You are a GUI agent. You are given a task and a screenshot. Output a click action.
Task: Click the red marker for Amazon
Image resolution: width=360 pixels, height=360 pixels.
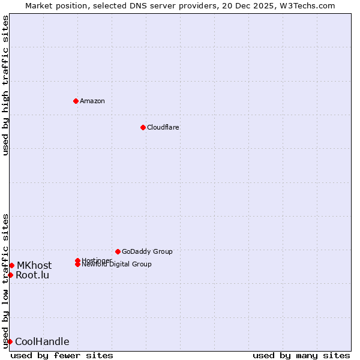pyautogui.click(x=76, y=101)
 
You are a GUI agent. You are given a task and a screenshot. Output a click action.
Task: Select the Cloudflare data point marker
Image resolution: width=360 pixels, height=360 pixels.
pyautogui.click(x=143, y=127)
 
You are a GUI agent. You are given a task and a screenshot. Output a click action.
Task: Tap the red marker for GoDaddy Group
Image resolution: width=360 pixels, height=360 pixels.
pyautogui.click(x=118, y=251)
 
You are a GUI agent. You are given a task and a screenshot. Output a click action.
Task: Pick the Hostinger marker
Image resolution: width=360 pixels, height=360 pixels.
pyautogui.click(x=77, y=260)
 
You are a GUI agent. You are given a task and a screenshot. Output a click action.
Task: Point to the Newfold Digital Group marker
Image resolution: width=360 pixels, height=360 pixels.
pyautogui.click(x=77, y=264)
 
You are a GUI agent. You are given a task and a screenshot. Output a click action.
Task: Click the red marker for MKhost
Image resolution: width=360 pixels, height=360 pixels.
pyautogui.click(x=11, y=265)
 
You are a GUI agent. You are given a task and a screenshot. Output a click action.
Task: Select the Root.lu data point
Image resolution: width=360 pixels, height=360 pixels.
pyautogui.click(x=10, y=275)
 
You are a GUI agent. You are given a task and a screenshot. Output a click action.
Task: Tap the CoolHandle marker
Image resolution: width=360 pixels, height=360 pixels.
pyautogui.click(x=10, y=341)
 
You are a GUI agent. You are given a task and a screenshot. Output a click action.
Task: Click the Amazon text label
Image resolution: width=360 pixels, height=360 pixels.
pyautogui.click(x=92, y=101)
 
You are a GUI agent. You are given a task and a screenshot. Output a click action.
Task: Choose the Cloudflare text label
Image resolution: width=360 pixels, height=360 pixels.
pyautogui.click(x=163, y=127)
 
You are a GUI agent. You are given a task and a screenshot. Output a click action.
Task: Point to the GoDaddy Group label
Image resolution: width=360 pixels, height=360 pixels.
pyautogui.click(x=147, y=251)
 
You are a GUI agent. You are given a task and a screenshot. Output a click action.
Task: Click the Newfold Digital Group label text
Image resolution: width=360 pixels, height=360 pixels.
pyautogui.click(x=116, y=265)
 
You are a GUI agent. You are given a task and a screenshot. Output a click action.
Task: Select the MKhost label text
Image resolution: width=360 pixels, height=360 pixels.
pyautogui.click(x=34, y=265)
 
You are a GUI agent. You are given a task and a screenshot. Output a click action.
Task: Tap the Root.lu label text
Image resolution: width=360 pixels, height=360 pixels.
pyautogui.click(x=32, y=275)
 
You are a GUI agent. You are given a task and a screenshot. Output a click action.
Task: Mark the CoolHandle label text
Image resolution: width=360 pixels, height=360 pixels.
pyautogui.click(x=42, y=342)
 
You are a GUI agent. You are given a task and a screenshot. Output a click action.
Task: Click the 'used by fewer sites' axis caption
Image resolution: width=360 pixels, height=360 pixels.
pyautogui.click(x=62, y=355)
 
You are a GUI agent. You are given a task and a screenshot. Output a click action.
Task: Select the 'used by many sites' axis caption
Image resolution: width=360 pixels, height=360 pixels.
pyautogui.click(x=301, y=355)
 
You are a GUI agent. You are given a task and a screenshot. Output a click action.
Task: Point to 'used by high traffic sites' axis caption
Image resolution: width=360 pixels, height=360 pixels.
pyautogui.click(x=5, y=85)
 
